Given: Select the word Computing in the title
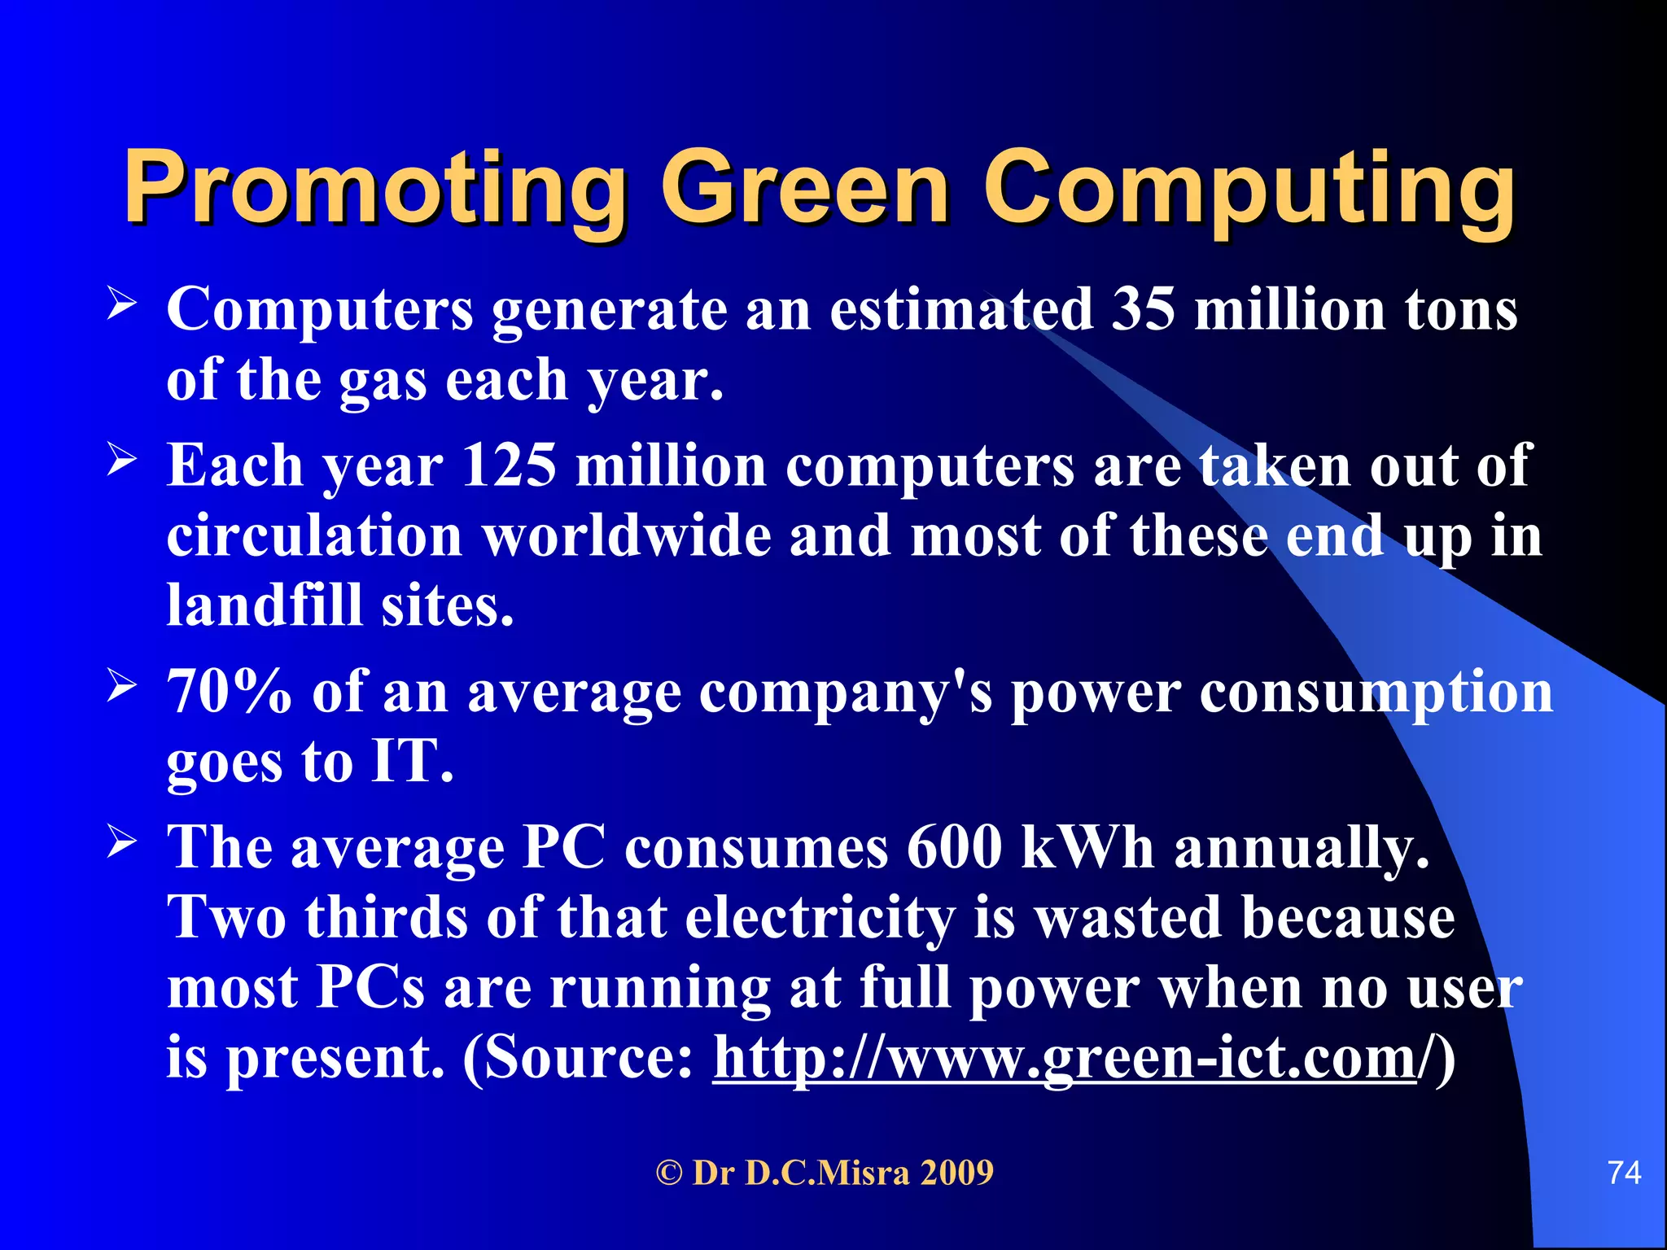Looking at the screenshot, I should pos(1249,189).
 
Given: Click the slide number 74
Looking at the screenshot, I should pos(1624,1173).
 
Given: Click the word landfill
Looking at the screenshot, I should pos(264,606).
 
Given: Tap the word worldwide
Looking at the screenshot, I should pos(627,536).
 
